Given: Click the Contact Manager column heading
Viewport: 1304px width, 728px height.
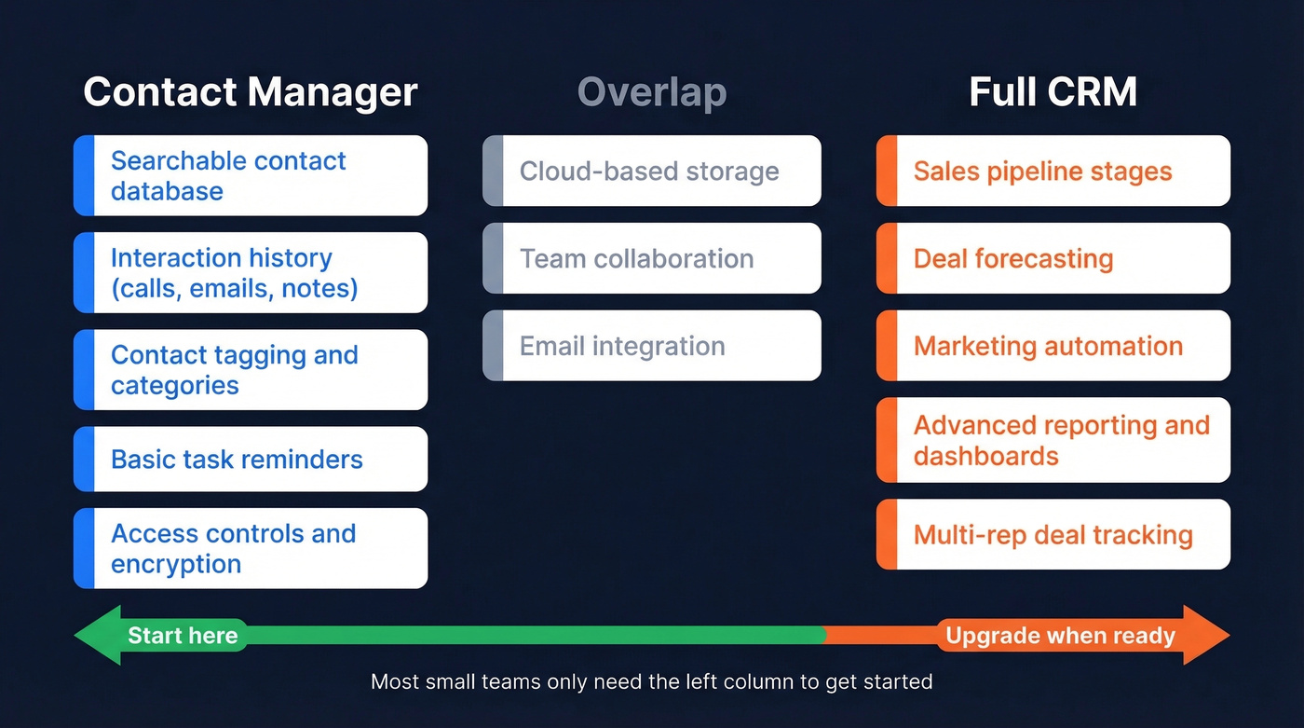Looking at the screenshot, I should [x=250, y=93].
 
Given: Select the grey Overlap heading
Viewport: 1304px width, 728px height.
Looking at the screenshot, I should [x=651, y=93].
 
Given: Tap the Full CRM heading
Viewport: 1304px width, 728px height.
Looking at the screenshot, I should [x=1053, y=93].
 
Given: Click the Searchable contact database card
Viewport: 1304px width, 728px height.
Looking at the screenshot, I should [x=251, y=175].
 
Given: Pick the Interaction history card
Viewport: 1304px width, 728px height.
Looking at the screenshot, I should [x=251, y=272].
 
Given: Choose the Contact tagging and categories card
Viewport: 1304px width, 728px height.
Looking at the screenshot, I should [x=251, y=369].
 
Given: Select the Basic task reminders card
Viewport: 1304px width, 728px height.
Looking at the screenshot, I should [x=251, y=459].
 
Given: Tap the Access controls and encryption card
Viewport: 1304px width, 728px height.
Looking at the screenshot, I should [x=251, y=548].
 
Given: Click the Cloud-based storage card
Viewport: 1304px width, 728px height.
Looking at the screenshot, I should [x=651, y=171].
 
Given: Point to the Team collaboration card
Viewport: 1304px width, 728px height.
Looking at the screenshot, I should [x=651, y=258].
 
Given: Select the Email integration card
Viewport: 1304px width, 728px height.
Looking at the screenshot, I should [x=651, y=346].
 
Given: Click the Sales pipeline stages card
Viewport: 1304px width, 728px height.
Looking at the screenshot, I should [x=1053, y=171].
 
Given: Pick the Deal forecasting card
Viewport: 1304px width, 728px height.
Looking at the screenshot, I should [x=1053, y=258].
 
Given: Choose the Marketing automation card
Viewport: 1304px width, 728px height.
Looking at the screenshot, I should [x=1053, y=346].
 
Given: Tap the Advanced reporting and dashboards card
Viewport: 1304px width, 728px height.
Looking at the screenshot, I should [x=1053, y=440].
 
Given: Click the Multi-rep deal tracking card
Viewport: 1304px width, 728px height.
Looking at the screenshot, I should [x=1053, y=534].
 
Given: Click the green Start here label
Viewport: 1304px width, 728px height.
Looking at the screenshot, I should [x=183, y=636].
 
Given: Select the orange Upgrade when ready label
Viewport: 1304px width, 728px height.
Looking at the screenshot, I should [x=1060, y=636].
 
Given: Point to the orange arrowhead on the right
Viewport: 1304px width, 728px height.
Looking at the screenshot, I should [x=1207, y=635].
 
